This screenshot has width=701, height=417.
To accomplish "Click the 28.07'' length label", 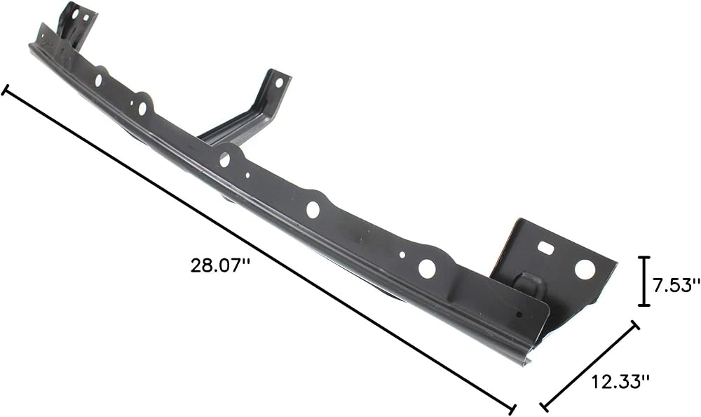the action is (x=220, y=265).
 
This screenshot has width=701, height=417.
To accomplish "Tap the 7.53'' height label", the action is (x=676, y=285).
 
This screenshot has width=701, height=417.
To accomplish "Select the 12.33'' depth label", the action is (x=620, y=382).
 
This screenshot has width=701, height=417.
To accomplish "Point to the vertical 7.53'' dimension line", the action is (x=644, y=282).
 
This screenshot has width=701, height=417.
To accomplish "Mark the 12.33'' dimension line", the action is (x=590, y=366).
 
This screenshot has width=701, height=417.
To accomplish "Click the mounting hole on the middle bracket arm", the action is (x=279, y=82).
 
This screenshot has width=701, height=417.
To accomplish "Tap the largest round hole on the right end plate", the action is (x=585, y=270).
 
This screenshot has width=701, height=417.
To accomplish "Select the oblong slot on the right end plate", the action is (x=545, y=246).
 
